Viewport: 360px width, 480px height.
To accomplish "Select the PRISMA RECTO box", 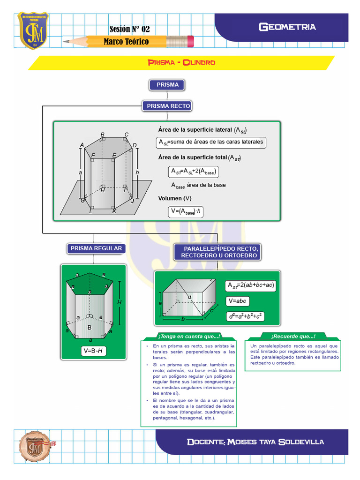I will (x=168, y=106).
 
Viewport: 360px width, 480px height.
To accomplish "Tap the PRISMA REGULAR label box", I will (x=96, y=248).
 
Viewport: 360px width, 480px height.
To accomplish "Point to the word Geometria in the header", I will (x=287, y=27).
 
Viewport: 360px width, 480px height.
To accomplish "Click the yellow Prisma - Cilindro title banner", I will (x=181, y=62).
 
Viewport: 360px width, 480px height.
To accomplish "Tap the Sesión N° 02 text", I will (x=129, y=29).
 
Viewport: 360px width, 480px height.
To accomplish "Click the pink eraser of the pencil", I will (x=190, y=41).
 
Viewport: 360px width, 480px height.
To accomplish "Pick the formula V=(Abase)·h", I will (x=187, y=212).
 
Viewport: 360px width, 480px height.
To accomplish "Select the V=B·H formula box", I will (x=93, y=351).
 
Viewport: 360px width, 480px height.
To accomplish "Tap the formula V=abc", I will (x=238, y=300).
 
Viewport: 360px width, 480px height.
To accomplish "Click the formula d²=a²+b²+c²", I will (x=246, y=316).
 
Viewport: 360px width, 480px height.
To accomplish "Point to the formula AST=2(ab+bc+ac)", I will (x=251, y=285).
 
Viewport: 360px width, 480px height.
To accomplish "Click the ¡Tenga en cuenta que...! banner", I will (x=188, y=337).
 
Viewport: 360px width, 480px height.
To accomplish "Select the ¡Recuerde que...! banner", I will (x=293, y=337).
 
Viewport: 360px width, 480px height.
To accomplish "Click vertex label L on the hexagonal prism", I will (x=90, y=212).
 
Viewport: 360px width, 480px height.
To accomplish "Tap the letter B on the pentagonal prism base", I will (x=89, y=328).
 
